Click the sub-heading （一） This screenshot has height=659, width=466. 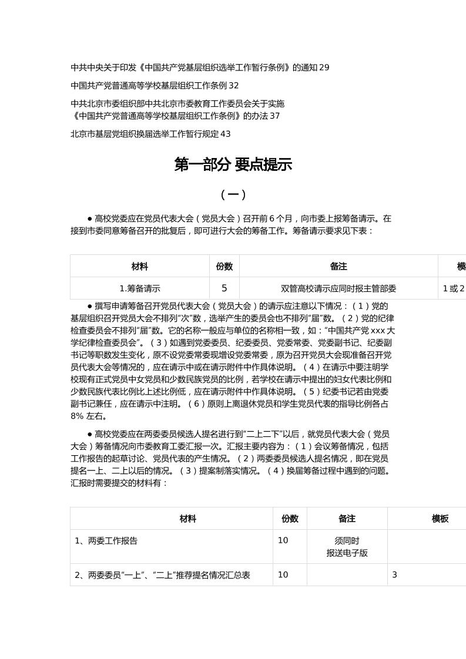[233, 194]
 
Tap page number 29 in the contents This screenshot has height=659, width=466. [324, 68]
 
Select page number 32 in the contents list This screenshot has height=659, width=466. [234, 86]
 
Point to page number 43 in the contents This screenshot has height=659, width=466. [225, 134]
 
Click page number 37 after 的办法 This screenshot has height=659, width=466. [274, 116]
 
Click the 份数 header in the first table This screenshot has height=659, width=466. [224, 267]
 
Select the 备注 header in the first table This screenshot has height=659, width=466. [338, 267]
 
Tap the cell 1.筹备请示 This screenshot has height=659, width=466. [140, 288]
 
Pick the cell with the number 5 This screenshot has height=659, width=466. [224, 288]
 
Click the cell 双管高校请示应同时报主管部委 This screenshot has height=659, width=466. [338, 288]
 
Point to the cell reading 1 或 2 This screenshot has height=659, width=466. [454, 288]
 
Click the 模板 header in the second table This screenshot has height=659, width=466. [440, 519]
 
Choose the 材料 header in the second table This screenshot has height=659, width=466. [188, 519]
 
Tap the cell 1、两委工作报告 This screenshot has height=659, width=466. [106, 540]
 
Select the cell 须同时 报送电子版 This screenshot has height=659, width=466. [347, 547]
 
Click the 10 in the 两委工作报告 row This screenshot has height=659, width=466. [283, 540]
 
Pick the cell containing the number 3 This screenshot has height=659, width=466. [395, 575]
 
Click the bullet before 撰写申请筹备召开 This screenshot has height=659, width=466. [89, 306]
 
